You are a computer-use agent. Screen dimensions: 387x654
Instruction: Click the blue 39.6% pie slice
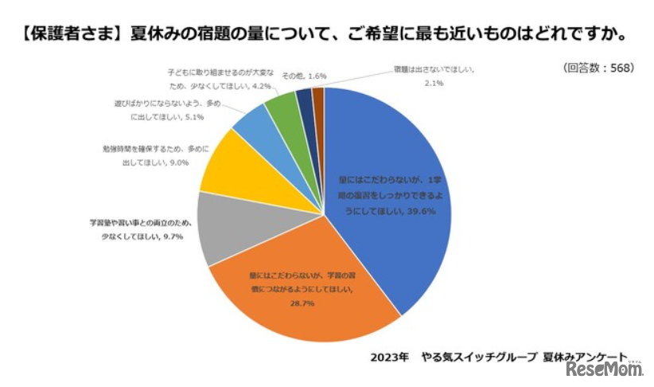pyautogui.click(x=390, y=199)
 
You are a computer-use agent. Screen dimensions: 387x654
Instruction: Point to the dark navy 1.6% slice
pyautogui.click(x=304, y=99)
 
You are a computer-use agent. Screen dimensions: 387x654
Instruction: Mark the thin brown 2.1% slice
pyautogui.click(x=318, y=97)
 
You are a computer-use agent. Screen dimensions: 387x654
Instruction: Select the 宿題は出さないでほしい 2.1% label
pyautogui.click(x=434, y=76)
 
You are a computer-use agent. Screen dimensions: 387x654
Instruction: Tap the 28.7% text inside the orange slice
pyautogui.click(x=302, y=303)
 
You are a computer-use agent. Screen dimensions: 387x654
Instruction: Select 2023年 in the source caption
pyautogui.click(x=390, y=356)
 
